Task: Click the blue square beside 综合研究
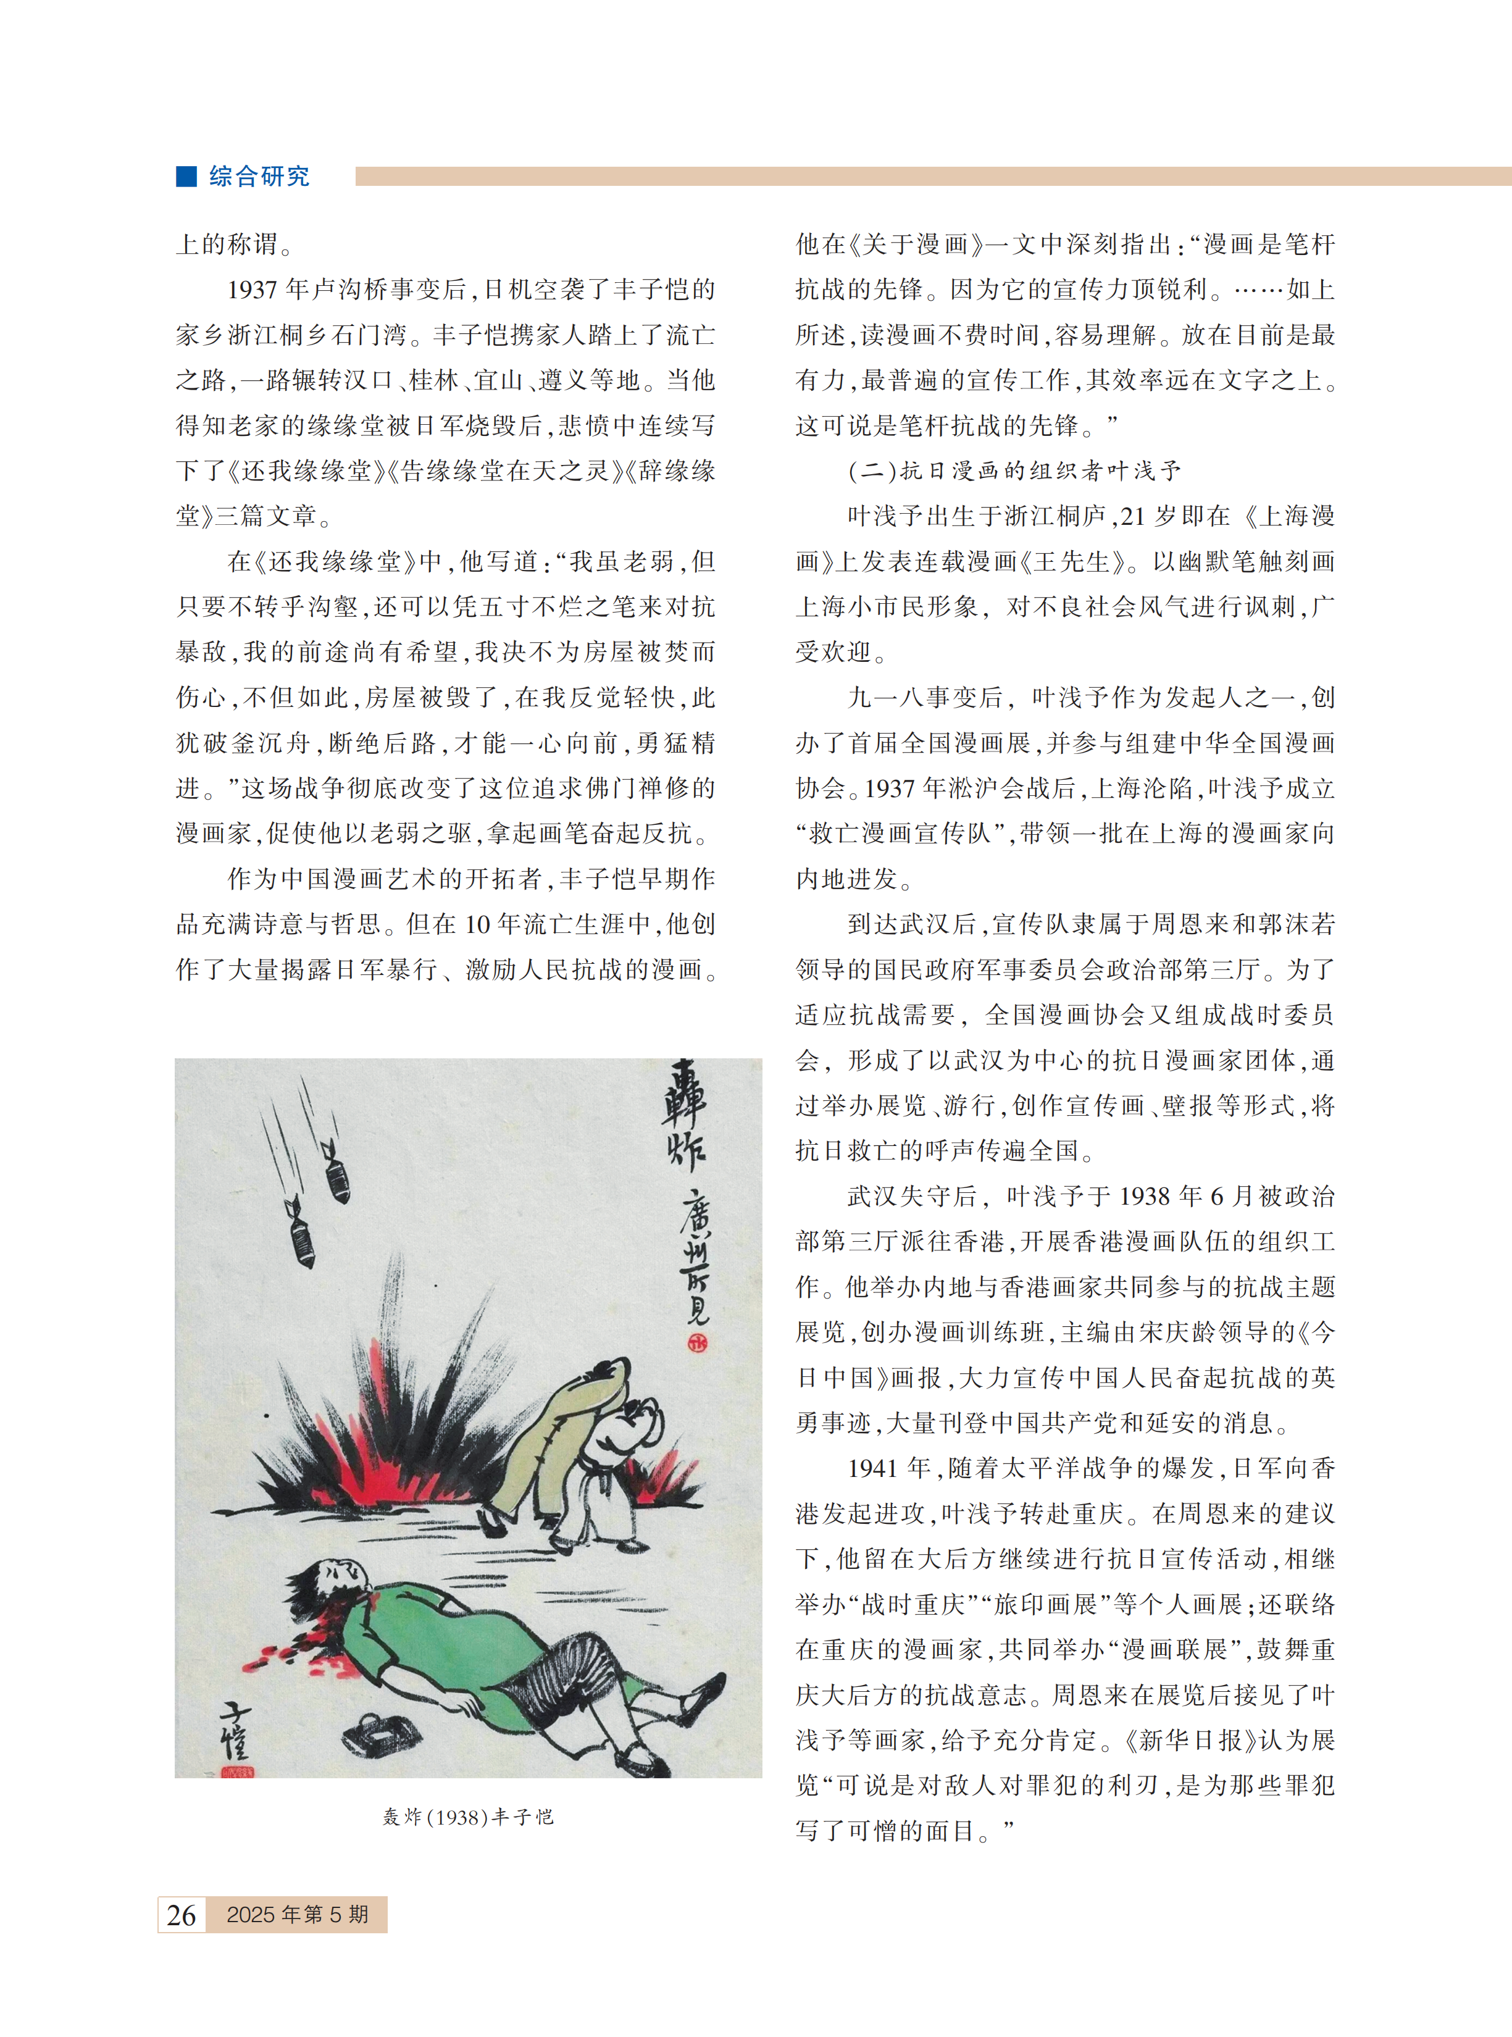coord(186,176)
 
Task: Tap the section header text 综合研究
coord(259,177)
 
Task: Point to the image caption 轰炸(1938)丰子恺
coord(468,1817)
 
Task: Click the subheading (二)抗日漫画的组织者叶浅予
coord(1014,471)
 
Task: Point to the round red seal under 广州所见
coord(698,1342)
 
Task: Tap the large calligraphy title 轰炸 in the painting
coord(685,1116)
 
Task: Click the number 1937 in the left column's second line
coord(253,290)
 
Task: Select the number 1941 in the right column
coord(872,1469)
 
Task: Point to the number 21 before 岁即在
coord(1132,517)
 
